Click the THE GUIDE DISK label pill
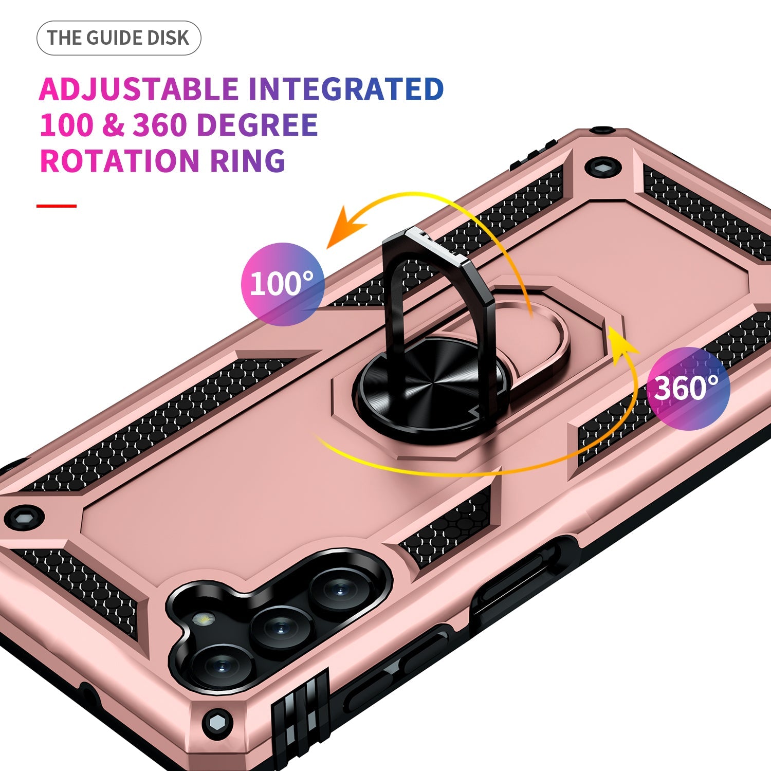tap(119, 38)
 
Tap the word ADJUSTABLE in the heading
tap(139, 89)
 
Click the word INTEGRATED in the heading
tap(346, 89)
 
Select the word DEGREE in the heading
tap(257, 125)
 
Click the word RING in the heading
tap(248, 160)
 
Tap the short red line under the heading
tap(57, 206)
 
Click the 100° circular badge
tap(282, 284)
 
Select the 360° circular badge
tap(688, 388)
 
